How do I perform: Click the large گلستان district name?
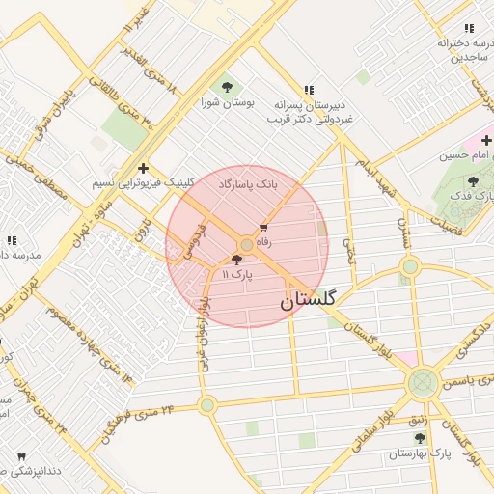pos(309,300)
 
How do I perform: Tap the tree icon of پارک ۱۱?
pos(236,260)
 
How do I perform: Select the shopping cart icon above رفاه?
pos(263,229)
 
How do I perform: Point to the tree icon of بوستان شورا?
pos(227,87)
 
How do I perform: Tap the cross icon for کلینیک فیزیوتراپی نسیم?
pos(143,168)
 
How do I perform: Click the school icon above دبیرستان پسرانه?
pos(308,89)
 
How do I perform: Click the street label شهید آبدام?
pos(376,174)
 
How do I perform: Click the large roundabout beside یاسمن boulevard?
pos(423,383)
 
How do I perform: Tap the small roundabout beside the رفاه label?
pos(247,246)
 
